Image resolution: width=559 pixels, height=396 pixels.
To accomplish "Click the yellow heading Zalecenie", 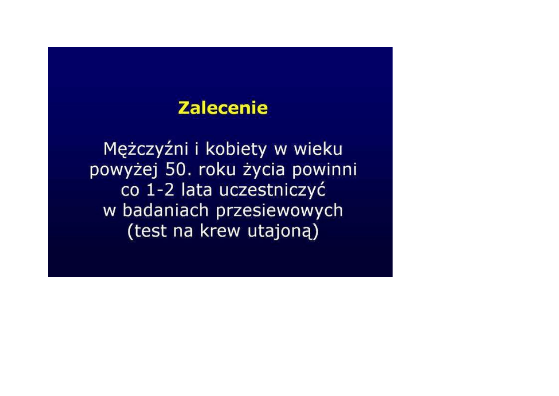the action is tap(223, 108).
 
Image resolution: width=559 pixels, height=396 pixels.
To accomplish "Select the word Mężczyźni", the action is tap(146, 149).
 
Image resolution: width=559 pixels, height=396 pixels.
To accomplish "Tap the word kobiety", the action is tap(236, 149).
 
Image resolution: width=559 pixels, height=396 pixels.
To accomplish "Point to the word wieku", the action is tap(318, 149).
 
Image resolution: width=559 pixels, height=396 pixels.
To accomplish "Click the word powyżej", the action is tap(124, 170).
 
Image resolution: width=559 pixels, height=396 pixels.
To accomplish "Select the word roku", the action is tap(217, 169).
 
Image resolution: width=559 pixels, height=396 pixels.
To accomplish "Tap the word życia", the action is tap(264, 170).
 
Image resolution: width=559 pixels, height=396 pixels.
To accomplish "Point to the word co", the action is tap(130, 191).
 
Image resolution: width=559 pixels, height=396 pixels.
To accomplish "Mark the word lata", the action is tap(197, 189).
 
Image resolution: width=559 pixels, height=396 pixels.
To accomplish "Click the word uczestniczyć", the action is tap(272, 191).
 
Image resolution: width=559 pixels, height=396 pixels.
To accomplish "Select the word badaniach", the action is tap(166, 210).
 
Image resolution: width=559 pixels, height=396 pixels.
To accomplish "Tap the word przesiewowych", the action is tap(279, 211).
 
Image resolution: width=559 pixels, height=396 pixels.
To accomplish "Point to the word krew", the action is tap(220, 231).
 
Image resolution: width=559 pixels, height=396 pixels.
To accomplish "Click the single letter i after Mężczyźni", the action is tap(197, 149).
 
